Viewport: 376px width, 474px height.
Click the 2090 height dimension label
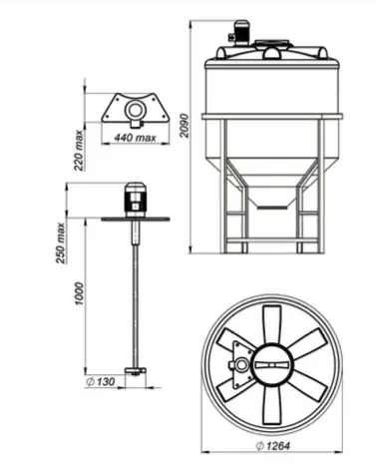tap(185, 126)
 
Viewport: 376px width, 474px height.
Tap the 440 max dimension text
tap(135, 138)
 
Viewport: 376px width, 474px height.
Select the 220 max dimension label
tap(79, 150)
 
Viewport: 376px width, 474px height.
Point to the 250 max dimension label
tap(61, 242)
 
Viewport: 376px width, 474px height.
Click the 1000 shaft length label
tap(79, 293)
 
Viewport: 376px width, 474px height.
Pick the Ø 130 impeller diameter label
tap(101, 381)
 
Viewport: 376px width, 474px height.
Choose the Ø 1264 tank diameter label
tap(273, 446)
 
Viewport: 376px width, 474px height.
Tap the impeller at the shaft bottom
tap(135, 371)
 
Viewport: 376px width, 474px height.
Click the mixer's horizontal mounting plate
tap(136, 219)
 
